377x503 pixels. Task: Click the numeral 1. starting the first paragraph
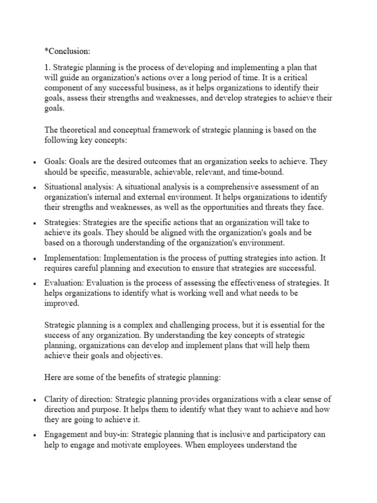[x=48, y=67]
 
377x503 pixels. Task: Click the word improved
[x=61, y=304]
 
